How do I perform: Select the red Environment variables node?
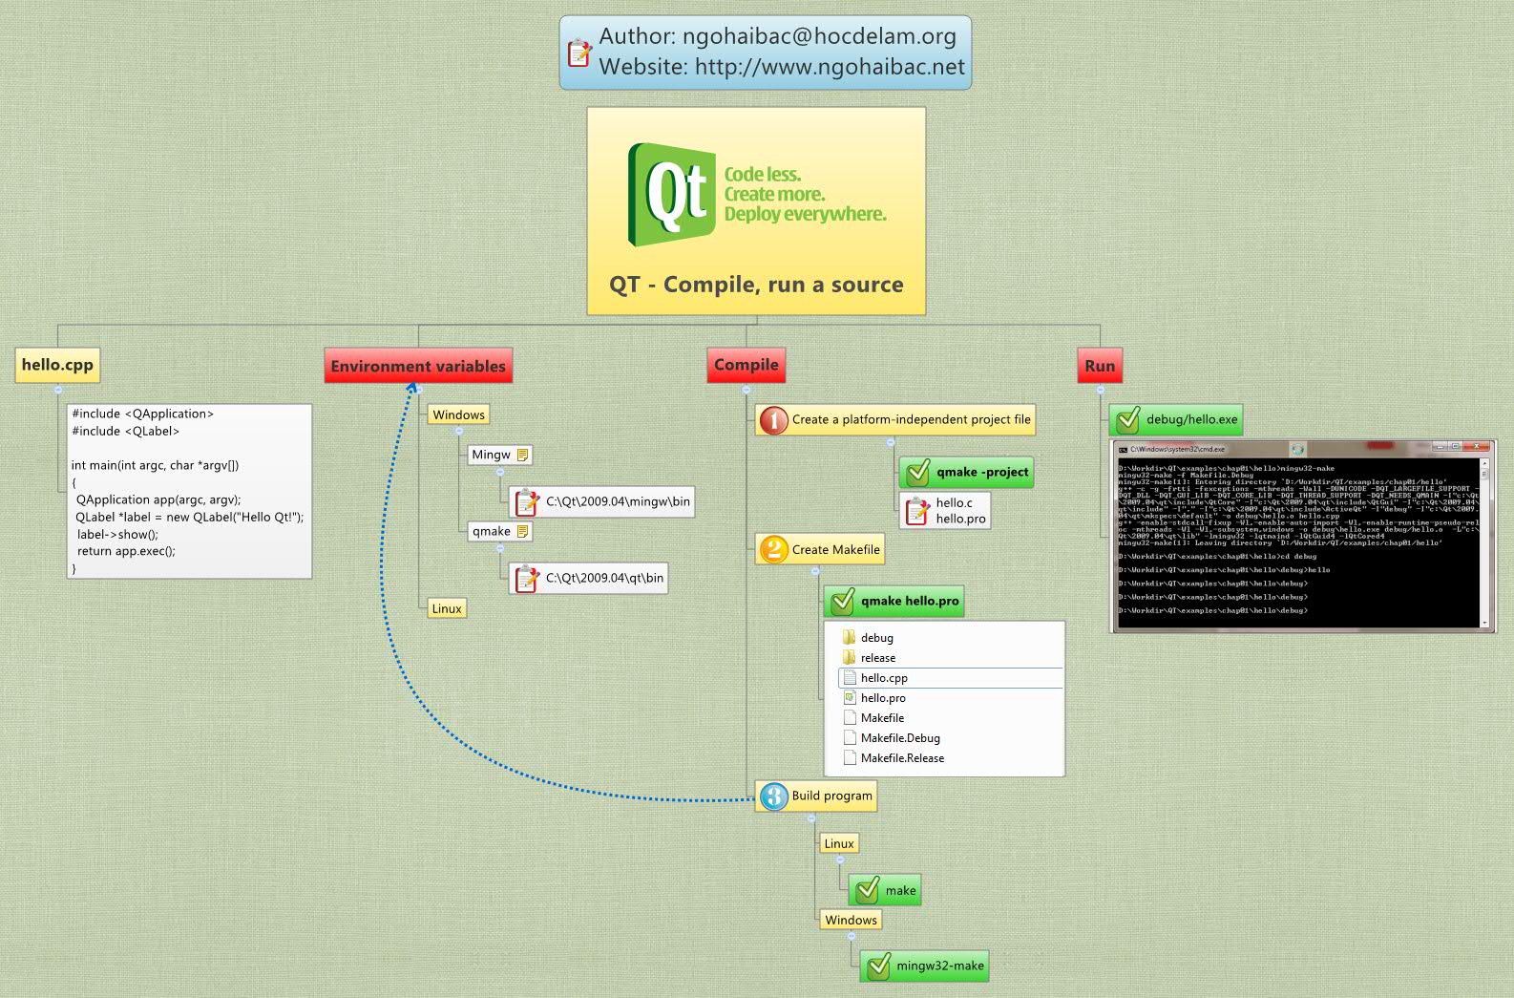pyautogui.click(x=418, y=366)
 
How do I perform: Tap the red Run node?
pyautogui.click(x=1100, y=366)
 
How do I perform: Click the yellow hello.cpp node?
pyautogui.click(x=57, y=365)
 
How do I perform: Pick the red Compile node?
pyautogui.click(x=746, y=365)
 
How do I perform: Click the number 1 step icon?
pyautogui.click(x=773, y=420)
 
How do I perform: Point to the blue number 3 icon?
pyautogui.click(x=774, y=796)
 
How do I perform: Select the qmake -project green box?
pyautogui.click(x=967, y=472)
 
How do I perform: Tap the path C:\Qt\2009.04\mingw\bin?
pyautogui.click(x=618, y=501)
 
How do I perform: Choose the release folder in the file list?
pyautogui.click(x=877, y=658)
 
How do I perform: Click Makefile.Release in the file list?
pyautogui.click(x=902, y=758)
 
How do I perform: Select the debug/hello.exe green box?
pyautogui.click(x=1176, y=419)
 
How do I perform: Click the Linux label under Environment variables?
pyautogui.click(x=447, y=608)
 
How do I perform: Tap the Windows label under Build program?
pyautogui.click(x=851, y=920)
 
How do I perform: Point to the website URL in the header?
pyautogui.click(x=830, y=67)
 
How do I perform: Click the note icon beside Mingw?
pyautogui.click(x=522, y=455)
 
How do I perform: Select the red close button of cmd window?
pyautogui.click(x=1480, y=447)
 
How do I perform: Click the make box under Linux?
pyautogui.click(x=885, y=890)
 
